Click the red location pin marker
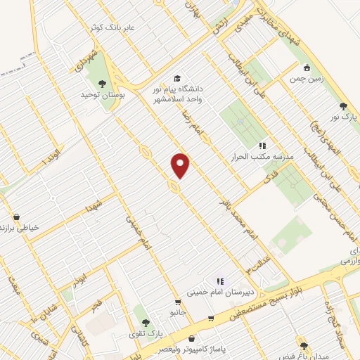pos(181,166)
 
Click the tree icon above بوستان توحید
pos(103,84)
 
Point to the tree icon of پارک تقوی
pos(146,323)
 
